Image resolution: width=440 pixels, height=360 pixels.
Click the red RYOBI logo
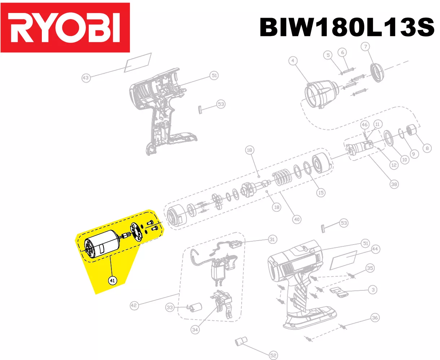click(65, 27)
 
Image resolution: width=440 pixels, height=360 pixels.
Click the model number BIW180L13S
click(347, 27)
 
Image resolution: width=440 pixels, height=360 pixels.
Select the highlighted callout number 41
click(113, 280)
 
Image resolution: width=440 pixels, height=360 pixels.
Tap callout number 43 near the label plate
click(86, 78)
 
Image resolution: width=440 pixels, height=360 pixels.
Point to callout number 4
click(293, 61)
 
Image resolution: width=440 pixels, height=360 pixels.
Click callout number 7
click(365, 47)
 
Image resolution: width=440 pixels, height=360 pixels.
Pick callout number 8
click(427, 148)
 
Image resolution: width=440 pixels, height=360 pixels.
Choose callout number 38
click(394, 184)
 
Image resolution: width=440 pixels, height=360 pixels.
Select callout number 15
click(321, 193)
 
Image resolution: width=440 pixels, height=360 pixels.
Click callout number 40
click(297, 219)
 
